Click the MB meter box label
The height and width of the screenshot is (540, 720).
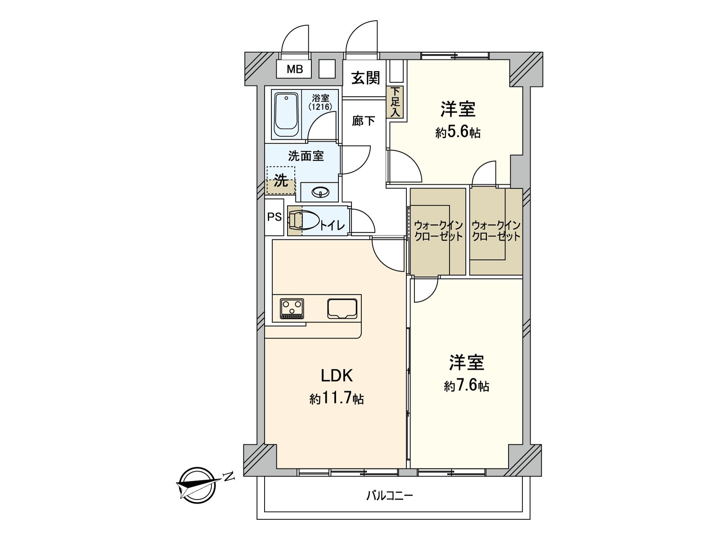click(x=295, y=69)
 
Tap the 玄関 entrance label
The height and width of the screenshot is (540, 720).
click(x=365, y=78)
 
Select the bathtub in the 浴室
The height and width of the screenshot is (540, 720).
click(x=286, y=115)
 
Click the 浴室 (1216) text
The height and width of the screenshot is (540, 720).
click(x=320, y=103)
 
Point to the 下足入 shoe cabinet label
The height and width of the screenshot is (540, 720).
click(x=395, y=102)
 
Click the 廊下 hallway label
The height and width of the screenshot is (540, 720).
click(x=363, y=121)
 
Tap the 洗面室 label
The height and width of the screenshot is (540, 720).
click(x=306, y=156)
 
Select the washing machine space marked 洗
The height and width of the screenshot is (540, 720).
click(x=281, y=180)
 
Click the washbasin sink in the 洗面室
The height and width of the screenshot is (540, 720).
click(x=320, y=192)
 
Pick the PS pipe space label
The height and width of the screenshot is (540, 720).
click(x=274, y=217)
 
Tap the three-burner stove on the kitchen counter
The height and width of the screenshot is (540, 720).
click(x=292, y=308)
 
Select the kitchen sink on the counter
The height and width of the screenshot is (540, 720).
click(x=342, y=309)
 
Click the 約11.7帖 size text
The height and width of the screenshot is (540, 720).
click(x=337, y=399)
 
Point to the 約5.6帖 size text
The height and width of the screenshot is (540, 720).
click(x=458, y=133)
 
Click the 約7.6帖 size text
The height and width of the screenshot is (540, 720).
click(x=467, y=386)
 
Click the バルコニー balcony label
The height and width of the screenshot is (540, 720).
click(x=389, y=496)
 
